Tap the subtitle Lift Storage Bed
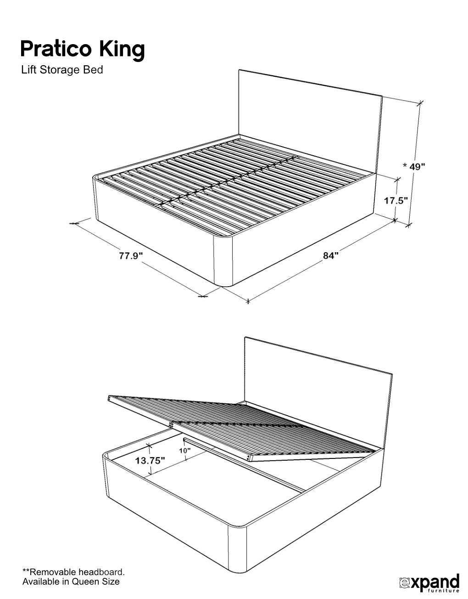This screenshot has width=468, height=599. tap(62, 70)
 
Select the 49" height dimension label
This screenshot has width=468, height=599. tap(417, 166)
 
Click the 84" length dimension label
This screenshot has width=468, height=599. tap(330, 255)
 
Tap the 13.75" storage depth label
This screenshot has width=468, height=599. tap(150, 461)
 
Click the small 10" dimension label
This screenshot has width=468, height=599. tap(185, 451)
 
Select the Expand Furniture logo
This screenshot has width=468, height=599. tap(429, 582)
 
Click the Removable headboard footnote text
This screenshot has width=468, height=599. tap(73, 572)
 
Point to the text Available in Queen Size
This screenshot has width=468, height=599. tap(71, 582)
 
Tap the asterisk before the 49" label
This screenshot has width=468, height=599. tap(405, 166)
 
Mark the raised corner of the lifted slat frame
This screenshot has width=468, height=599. tap(109, 399)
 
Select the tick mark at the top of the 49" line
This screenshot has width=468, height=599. tap(419, 103)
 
